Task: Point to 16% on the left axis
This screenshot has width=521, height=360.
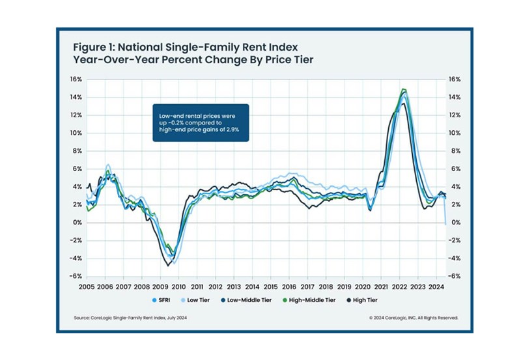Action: [75, 79]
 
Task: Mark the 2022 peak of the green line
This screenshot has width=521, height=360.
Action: [404, 89]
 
